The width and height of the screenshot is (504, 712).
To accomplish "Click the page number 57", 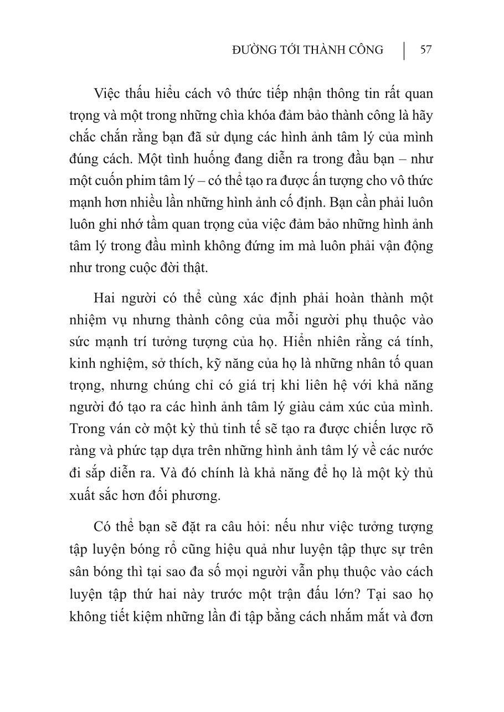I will pos(425,50).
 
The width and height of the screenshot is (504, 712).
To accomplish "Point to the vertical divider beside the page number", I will pos(404,50).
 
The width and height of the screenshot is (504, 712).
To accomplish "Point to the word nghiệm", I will pos(117,364).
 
